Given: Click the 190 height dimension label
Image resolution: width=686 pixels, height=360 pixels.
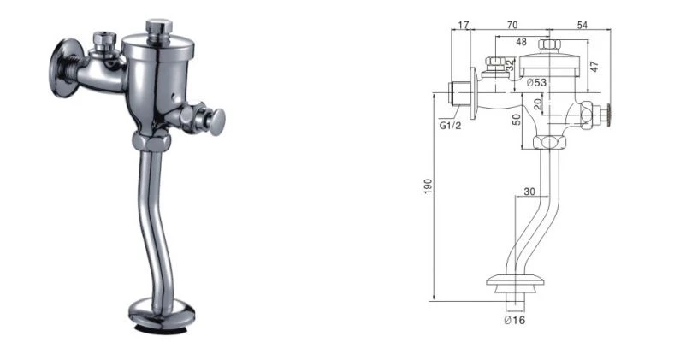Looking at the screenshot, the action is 429,186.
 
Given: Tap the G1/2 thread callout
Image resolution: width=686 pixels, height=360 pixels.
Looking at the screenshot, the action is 450,127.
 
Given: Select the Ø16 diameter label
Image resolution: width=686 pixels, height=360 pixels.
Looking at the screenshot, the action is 515,320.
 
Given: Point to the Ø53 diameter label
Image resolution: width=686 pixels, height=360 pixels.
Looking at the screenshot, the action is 536,82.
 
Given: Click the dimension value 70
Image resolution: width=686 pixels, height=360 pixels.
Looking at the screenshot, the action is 512,25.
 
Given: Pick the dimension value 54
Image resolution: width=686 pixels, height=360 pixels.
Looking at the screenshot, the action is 582,25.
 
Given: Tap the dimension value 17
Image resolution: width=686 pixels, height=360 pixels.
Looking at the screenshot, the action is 464,25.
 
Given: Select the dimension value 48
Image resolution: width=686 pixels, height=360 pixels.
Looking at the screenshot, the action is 521,42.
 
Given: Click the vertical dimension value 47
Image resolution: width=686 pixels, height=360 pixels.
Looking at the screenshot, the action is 594,67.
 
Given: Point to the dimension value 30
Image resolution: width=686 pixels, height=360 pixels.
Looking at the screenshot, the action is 529,192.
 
